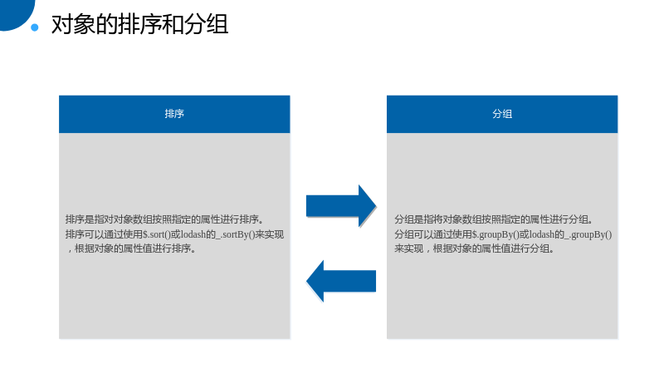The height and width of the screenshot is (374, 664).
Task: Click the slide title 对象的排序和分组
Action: click(x=139, y=24)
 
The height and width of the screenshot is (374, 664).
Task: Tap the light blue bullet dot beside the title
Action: click(x=35, y=27)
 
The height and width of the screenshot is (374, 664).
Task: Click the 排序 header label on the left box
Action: click(x=174, y=114)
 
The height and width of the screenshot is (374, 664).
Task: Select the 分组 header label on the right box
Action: click(x=502, y=114)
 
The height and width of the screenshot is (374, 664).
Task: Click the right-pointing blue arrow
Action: click(x=341, y=206)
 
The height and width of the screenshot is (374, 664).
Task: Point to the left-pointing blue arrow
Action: click(x=341, y=281)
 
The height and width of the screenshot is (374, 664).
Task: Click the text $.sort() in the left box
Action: click(x=156, y=234)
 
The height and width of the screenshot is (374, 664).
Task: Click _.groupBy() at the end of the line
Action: click(x=588, y=234)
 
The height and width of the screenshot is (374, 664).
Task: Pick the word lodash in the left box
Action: click(x=193, y=234)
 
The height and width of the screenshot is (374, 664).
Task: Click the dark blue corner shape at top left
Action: click(x=15, y=12)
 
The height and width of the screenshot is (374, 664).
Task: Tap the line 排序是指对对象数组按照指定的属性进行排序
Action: click(x=164, y=219)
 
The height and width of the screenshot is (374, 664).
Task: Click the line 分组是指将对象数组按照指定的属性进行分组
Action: click(x=494, y=219)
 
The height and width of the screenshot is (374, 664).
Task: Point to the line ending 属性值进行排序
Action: click(x=131, y=249)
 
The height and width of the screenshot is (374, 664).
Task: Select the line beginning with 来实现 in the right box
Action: click(x=474, y=249)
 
